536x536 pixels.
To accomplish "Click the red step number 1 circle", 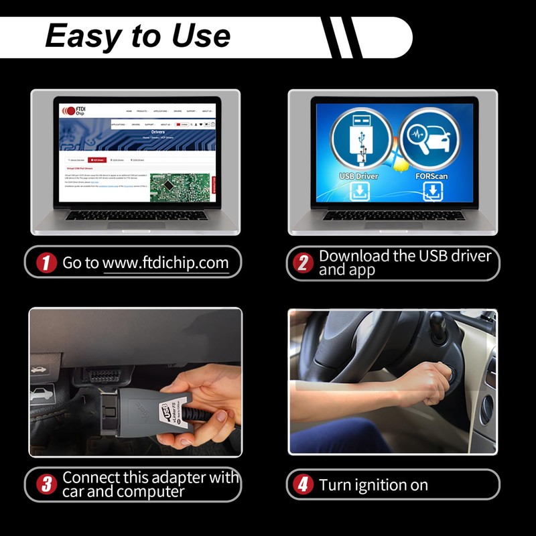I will [46, 263].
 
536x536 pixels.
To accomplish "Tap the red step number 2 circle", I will [303, 263].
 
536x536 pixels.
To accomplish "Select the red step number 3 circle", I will [46, 484].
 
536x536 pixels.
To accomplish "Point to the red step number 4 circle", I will [303, 484].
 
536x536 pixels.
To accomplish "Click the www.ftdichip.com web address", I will [165, 263].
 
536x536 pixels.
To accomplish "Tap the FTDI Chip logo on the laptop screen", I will [74, 111].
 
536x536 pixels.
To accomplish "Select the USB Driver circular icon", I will [358, 139].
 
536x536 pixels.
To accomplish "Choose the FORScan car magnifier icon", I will [429, 139].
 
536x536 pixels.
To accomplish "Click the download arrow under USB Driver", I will [358, 192].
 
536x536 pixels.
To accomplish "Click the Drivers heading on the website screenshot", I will [158, 133].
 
